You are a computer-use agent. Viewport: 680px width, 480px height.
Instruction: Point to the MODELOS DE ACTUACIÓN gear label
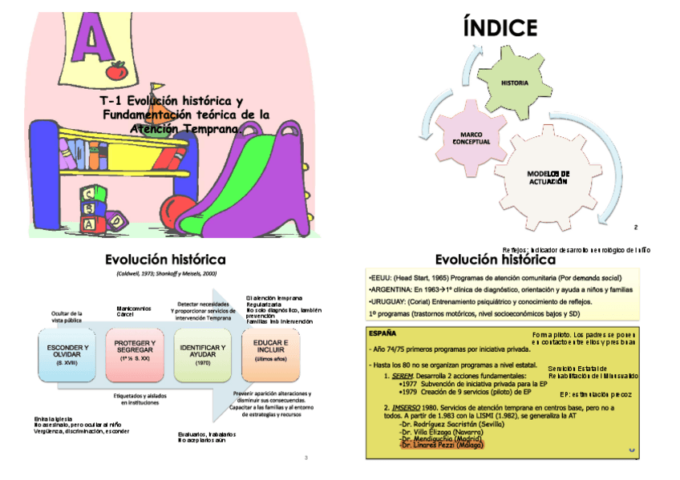click(x=548, y=177)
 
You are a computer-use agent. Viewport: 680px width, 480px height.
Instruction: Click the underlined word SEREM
click(x=401, y=375)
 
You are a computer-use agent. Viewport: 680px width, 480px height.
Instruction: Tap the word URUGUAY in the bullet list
click(x=387, y=301)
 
